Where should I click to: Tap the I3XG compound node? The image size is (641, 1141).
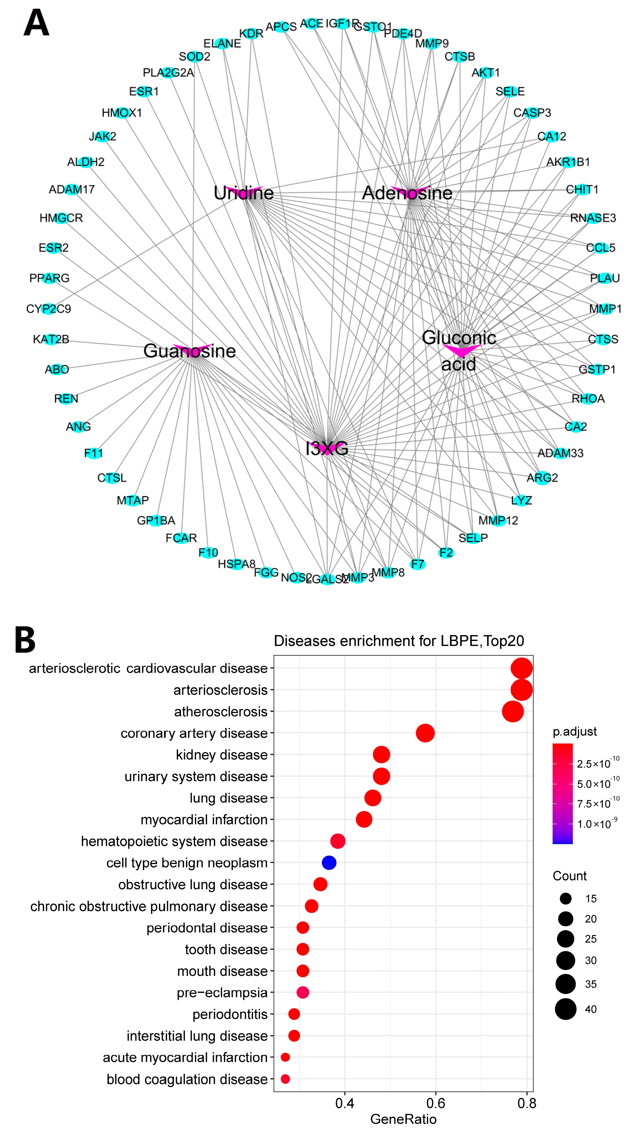click(327, 448)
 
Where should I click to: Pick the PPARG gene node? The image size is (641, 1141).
click(50, 278)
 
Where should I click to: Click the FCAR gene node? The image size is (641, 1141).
click(181, 538)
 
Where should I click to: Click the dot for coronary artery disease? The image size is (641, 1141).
click(425, 733)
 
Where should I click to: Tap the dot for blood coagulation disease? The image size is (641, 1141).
click(285, 1079)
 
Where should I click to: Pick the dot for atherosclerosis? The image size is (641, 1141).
click(512, 711)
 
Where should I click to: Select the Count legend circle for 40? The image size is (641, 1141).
click(566, 1009)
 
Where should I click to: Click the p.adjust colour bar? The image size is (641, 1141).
click(562, 793)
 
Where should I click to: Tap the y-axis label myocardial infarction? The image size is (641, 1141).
click(204, 820)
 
